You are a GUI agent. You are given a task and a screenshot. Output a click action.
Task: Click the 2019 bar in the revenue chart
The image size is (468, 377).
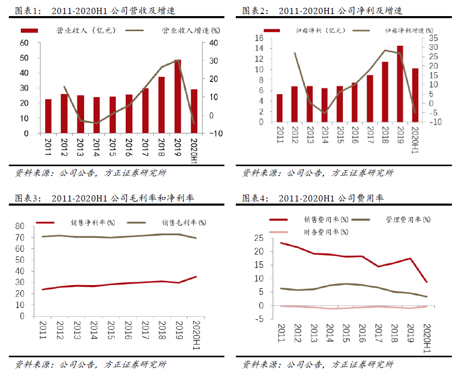178,97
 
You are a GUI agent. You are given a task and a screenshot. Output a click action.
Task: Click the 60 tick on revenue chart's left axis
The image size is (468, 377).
24,43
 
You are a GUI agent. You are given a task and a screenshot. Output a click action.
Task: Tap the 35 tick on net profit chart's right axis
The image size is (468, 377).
434,38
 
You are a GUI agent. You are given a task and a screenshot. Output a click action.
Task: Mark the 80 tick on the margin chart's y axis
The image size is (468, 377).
20,226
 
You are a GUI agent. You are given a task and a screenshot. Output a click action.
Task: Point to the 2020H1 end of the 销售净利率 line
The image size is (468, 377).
196,277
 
